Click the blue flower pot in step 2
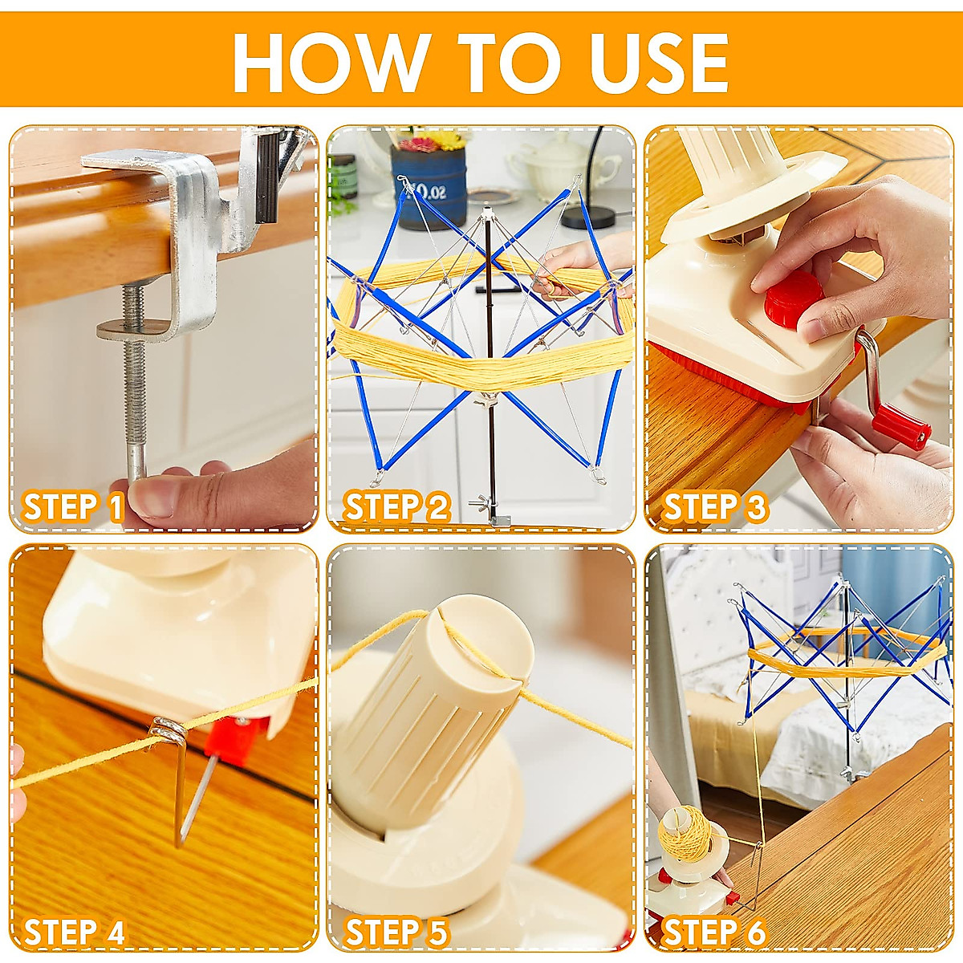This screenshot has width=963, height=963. point(429,187)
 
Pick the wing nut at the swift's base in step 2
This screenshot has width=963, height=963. point(481,500)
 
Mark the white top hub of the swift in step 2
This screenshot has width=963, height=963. point(485,214)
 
